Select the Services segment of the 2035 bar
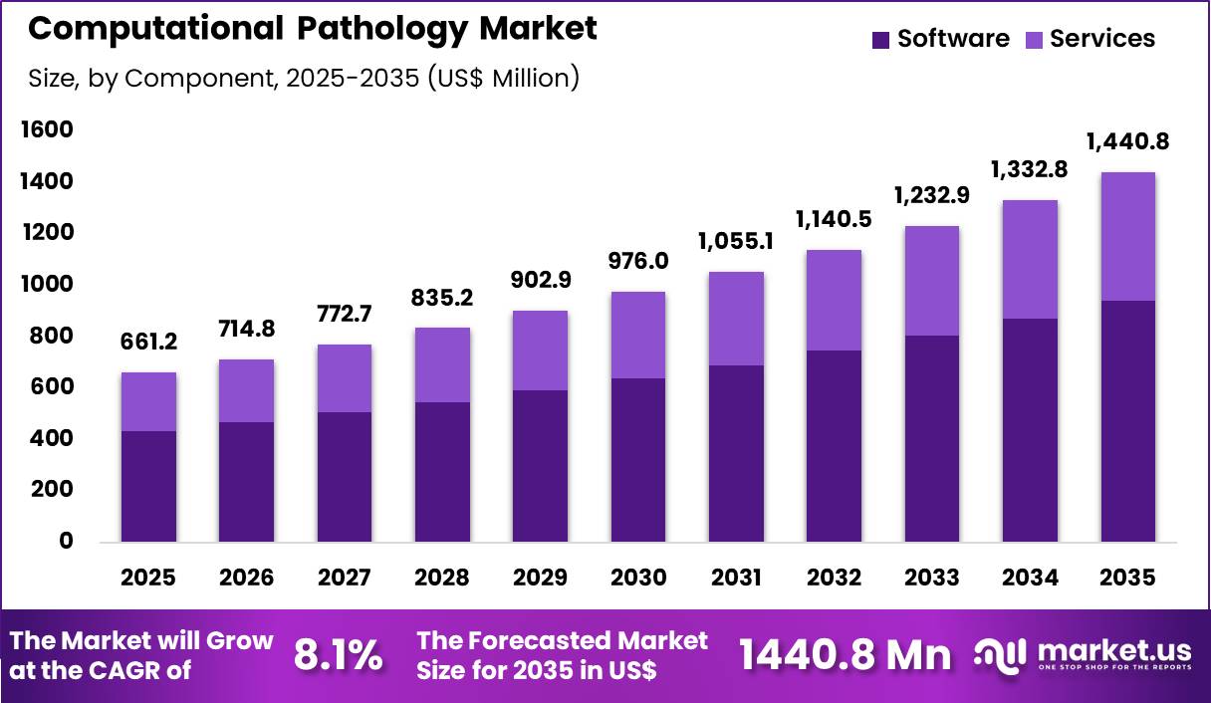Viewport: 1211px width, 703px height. [x=1127, y=236]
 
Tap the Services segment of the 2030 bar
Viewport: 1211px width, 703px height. [x=638, y=335]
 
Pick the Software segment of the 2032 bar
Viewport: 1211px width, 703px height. [x=834, y=445]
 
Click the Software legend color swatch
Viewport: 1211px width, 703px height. [x=880, y=40]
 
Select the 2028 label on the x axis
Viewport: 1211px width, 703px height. [x=442, y=578]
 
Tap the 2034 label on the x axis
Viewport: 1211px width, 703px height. [x=1030, y=578]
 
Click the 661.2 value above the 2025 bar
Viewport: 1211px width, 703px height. [x=149, y=343]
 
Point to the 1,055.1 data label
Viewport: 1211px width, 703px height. [x=737, y=242]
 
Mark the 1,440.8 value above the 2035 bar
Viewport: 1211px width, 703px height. [x=1127, y=142]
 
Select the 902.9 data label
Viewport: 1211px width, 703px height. [x=541, y=281]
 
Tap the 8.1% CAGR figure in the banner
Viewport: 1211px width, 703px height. [x=339, y=655]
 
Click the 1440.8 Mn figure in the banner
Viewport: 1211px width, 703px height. [x=845, y=655]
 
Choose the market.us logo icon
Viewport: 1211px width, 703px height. [x=1001, y=654]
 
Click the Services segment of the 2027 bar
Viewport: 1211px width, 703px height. [x=345, y=378]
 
